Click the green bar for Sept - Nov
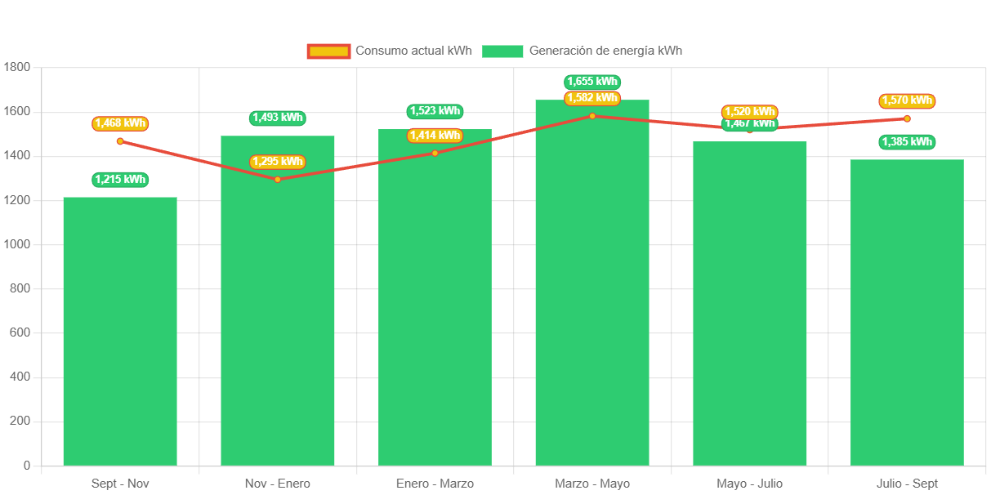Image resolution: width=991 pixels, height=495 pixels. [120, 331]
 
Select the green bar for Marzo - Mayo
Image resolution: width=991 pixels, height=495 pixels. [592, 283]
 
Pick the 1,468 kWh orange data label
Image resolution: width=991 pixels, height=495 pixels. [120, 123]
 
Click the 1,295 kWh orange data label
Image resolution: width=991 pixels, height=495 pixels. [278, 162]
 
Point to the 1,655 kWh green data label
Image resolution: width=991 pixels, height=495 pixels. [592, 82]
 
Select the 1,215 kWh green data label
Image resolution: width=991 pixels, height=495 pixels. [120, 180]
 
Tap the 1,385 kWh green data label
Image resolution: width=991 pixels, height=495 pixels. [907, 142]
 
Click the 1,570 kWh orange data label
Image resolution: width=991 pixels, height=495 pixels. [907, 100]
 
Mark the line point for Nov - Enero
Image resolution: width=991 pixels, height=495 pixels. [278, 179]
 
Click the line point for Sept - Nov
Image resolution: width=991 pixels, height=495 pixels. [120, 141]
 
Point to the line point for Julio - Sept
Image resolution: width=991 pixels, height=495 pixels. [907, 118]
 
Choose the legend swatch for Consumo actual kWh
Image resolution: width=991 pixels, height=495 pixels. [328, 51]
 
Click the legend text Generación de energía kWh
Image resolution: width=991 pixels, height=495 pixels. [605, 51]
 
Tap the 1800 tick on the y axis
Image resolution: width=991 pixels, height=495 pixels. [17, 67]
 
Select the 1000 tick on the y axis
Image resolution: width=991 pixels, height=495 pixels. [17, 244]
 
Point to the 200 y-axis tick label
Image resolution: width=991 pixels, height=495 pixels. [20, 421]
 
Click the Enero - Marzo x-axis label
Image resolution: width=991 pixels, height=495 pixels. [435, 484]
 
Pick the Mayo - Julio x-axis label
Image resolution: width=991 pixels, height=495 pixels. [750, 484]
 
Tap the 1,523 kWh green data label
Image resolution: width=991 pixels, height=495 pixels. [435, 111]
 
